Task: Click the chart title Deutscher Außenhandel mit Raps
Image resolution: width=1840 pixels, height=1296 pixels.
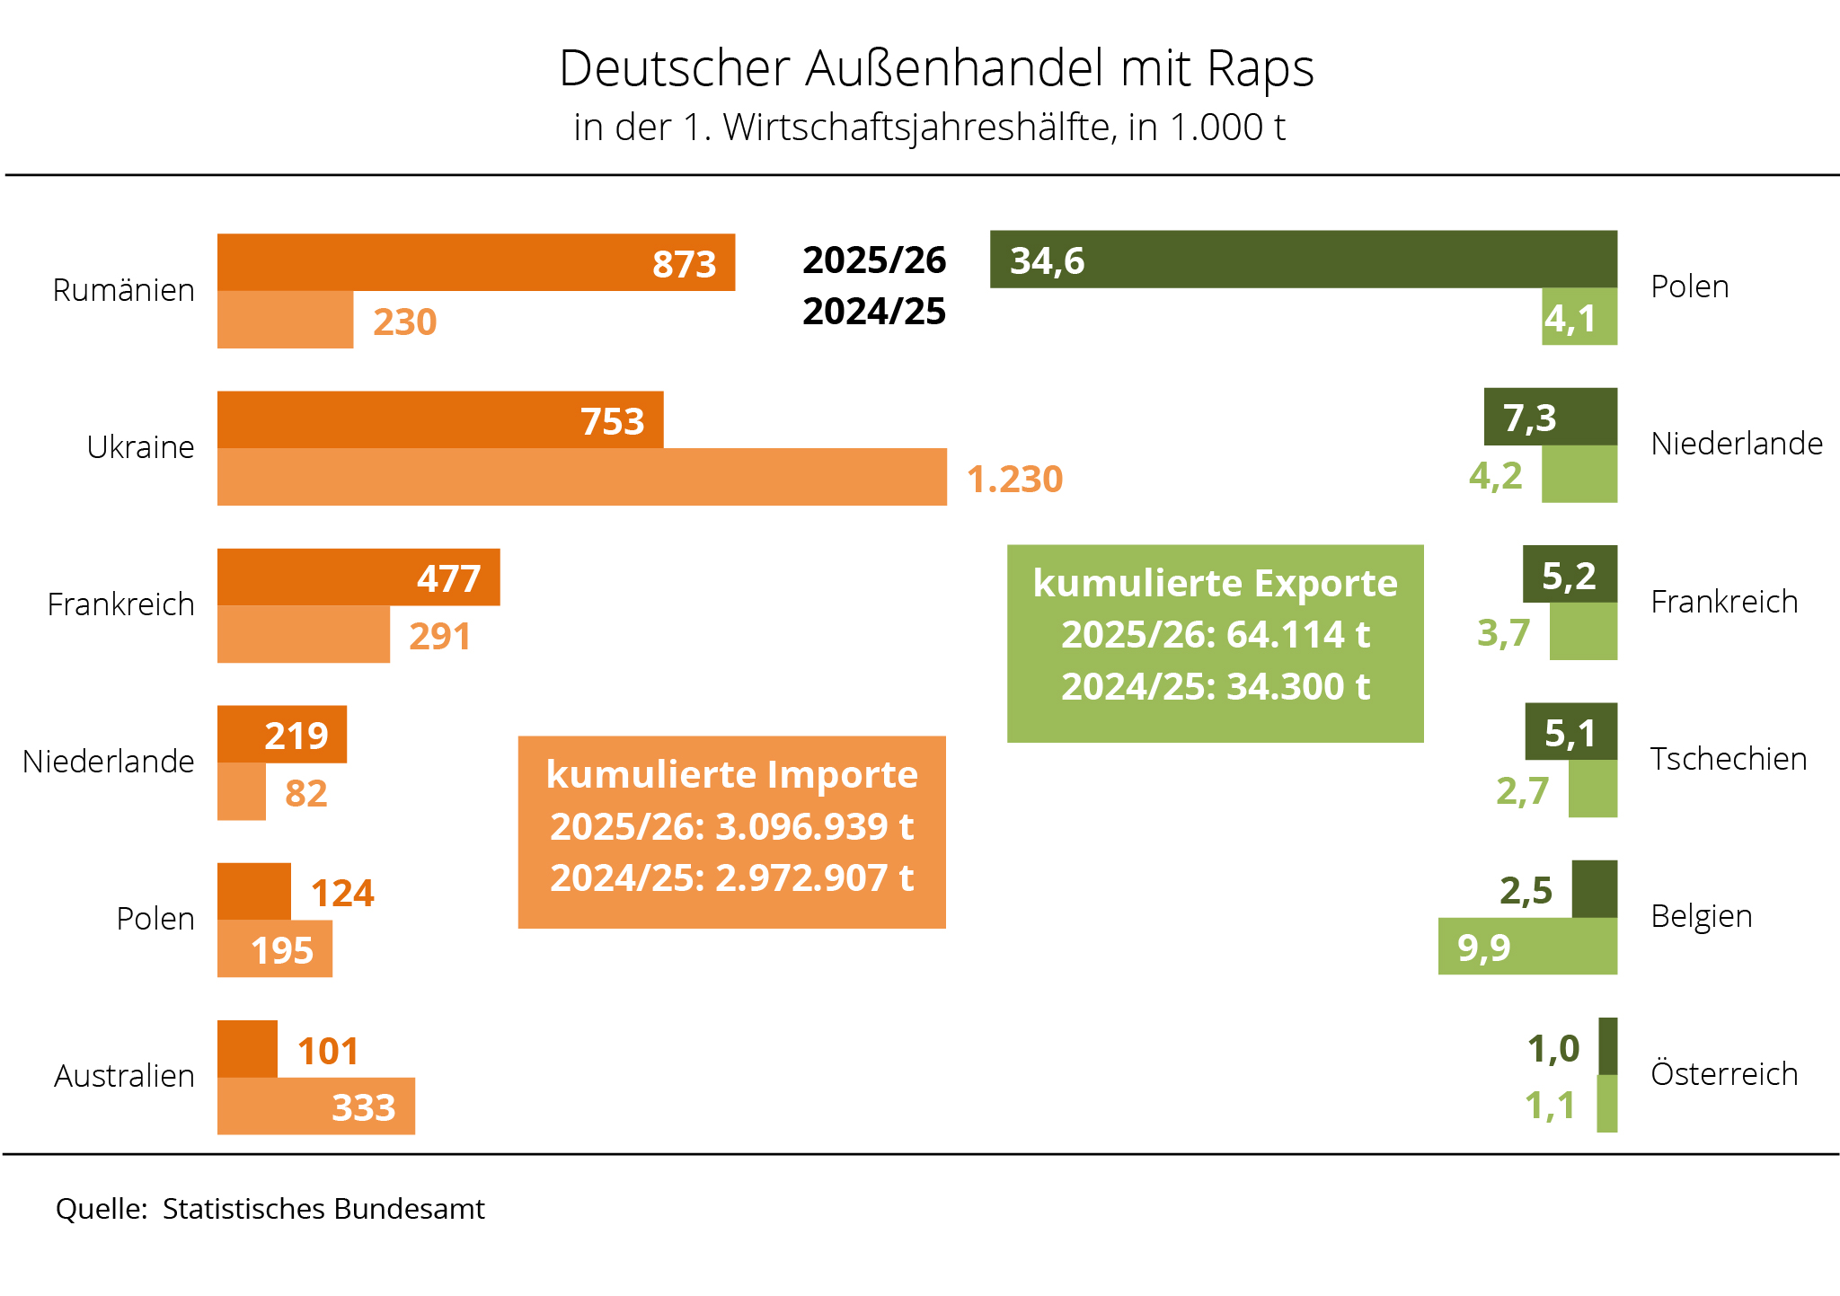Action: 936,68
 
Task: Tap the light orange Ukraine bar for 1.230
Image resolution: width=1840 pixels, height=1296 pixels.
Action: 581,477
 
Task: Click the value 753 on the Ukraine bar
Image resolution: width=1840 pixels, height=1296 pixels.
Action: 612,421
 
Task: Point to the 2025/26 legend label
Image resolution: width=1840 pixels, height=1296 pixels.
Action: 874,260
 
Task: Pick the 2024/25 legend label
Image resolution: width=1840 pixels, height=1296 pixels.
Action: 874,312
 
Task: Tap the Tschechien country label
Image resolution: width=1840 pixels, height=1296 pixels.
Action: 1728,759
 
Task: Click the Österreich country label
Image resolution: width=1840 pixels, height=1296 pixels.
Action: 1724,1073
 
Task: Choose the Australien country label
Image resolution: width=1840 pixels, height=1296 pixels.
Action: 124,1075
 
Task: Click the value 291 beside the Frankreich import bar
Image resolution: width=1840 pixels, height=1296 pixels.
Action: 439,636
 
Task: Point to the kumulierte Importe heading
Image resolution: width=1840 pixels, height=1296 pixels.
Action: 731,774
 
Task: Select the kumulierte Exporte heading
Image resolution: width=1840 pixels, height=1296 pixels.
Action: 1215,583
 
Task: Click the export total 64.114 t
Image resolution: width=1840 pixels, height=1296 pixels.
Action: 1297,634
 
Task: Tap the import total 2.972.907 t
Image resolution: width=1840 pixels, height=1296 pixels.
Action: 814,877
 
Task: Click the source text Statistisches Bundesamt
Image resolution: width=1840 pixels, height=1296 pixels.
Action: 323,1209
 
